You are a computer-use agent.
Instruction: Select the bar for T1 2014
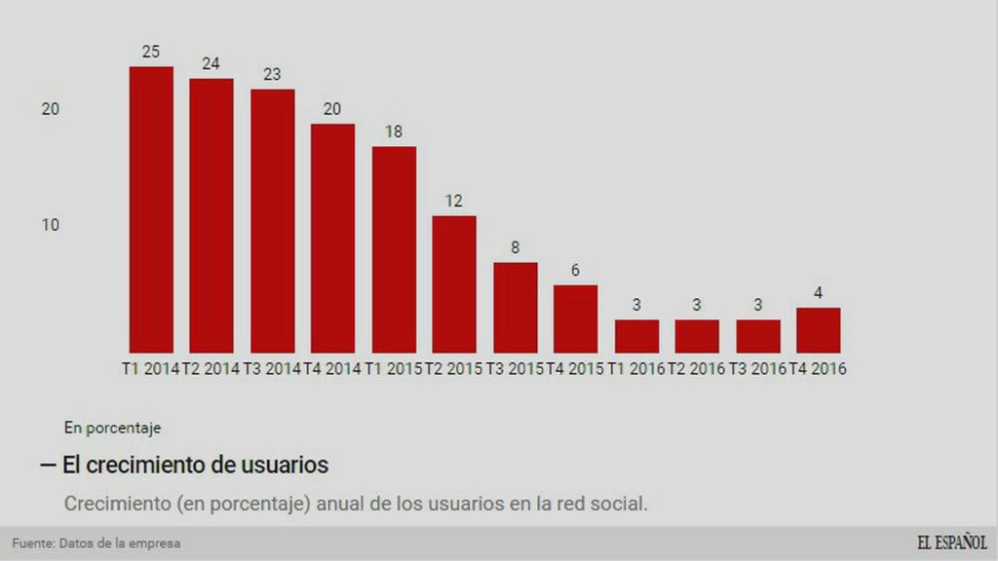(151, 209)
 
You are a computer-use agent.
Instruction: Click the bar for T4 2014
(332, 238)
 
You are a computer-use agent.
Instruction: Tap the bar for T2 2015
(454, 283)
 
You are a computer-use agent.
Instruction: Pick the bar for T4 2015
(575, 318)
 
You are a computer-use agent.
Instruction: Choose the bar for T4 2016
(818, 330)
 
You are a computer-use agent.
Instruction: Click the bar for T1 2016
(636, 336)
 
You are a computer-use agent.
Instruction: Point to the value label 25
(151, 52)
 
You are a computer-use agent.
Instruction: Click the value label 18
(394, 131)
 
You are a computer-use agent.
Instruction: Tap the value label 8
(515, 247)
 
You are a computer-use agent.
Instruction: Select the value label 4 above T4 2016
(818, 292)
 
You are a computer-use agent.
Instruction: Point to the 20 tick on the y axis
(51, 109)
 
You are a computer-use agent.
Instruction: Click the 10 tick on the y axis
(51, 225)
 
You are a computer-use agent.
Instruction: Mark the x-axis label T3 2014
(272, 369)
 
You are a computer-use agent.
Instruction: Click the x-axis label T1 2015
(394, 369)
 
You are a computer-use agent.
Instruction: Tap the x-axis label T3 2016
(757, 369)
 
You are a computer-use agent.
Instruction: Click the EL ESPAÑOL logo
(951, 542)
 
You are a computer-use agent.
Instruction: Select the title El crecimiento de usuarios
(195, 466)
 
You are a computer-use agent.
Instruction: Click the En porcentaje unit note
(112, 427)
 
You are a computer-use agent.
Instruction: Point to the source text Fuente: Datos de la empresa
(96, 543)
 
